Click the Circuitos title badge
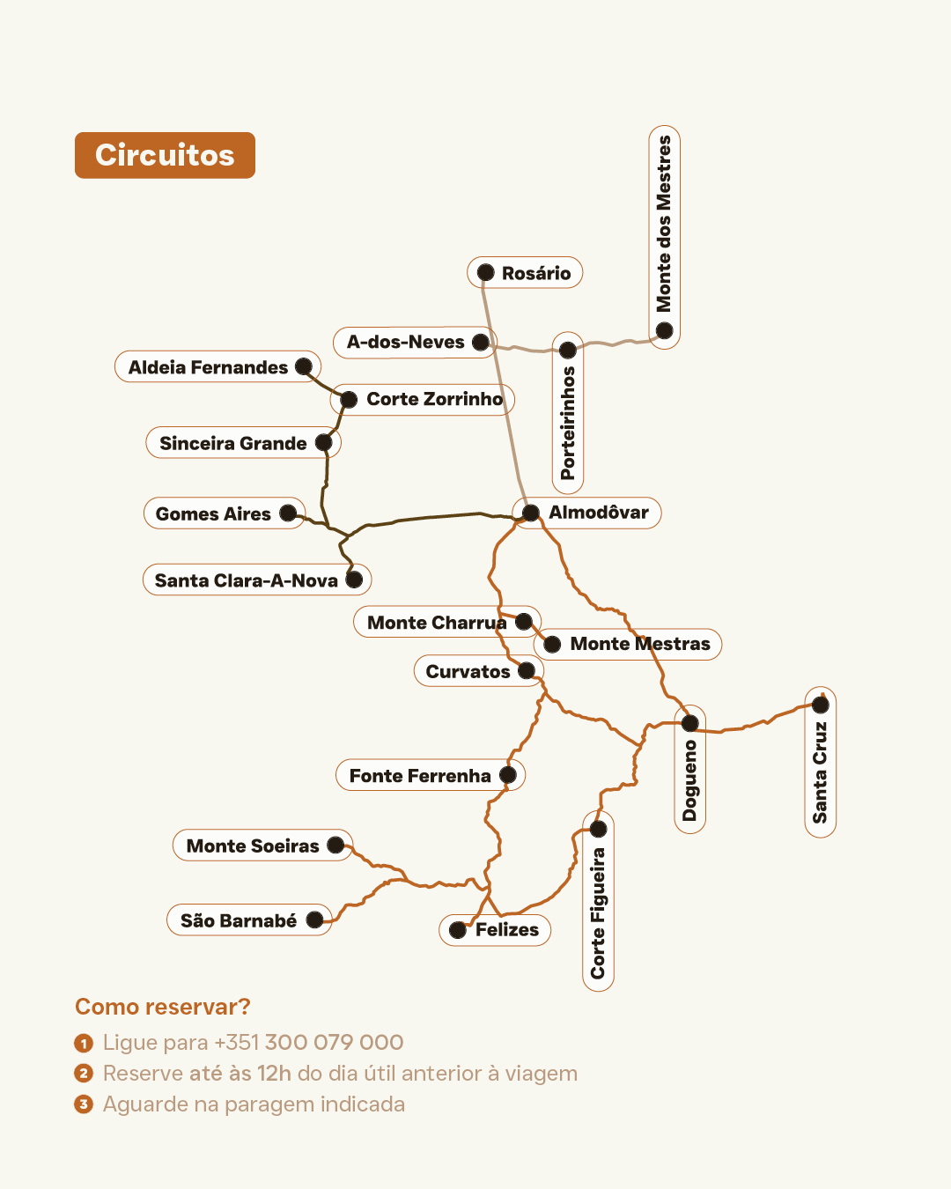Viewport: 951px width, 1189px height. (165, 155)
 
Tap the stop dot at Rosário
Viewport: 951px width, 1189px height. (485, 272)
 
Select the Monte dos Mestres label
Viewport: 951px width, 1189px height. (664, 224)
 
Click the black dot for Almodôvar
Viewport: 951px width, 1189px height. (530, 513)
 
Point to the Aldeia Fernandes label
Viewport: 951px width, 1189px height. (208, 367)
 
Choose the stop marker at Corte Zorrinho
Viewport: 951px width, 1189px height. (349, 399)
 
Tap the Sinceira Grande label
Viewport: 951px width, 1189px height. (232, 443)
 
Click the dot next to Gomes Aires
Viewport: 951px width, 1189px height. (288, 513)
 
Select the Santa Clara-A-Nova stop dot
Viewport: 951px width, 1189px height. (354, 580)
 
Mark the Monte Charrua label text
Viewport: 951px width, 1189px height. (437, 623)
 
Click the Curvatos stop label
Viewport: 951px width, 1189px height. (468, 671)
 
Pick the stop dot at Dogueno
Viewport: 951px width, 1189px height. (690, 723)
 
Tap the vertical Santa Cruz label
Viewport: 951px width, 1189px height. (820, 772)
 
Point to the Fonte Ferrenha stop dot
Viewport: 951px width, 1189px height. (508, 775)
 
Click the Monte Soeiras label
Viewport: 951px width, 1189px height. (253, 846)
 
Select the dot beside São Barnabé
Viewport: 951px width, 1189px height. (314, 920)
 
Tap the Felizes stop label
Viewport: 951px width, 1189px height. (507, 929)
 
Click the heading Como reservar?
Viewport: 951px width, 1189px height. (163, 1007)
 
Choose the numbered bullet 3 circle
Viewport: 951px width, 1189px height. (84, 1104)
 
